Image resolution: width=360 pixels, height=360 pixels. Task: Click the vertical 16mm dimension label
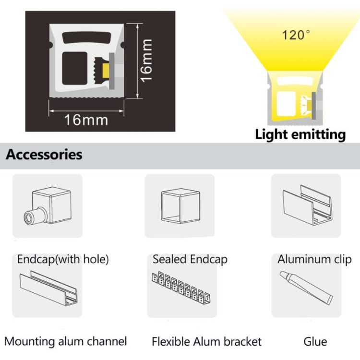[x=147, y=61]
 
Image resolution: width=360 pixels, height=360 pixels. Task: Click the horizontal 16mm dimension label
[x=86, y=120]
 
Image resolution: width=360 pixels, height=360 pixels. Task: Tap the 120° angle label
[x=296, y=35]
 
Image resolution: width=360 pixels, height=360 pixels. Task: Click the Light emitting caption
[x=300, y=134]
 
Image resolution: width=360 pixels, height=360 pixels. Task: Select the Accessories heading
[x=44, y=155]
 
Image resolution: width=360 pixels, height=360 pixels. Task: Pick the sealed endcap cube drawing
[x=180, y=206]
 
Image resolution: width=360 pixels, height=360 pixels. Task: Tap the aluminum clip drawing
[x=307, y=205]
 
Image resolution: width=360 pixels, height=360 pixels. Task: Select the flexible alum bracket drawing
[x=181, y=288]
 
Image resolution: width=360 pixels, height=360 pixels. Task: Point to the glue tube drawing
[x=306, y=288]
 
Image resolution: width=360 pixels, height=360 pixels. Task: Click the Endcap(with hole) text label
[x=63, y=260]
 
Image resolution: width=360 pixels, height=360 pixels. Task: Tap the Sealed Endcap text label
[x=190, y=259]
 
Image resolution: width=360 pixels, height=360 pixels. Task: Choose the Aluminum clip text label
[x=314, y=259]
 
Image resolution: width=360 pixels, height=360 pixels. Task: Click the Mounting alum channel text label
[x=66, y=341]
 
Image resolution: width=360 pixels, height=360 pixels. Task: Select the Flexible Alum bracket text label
[x=206, y=342]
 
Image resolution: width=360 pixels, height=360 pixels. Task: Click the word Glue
[x=315, y=342]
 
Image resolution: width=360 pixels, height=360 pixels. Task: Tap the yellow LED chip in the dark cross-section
[x=106, y=71]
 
